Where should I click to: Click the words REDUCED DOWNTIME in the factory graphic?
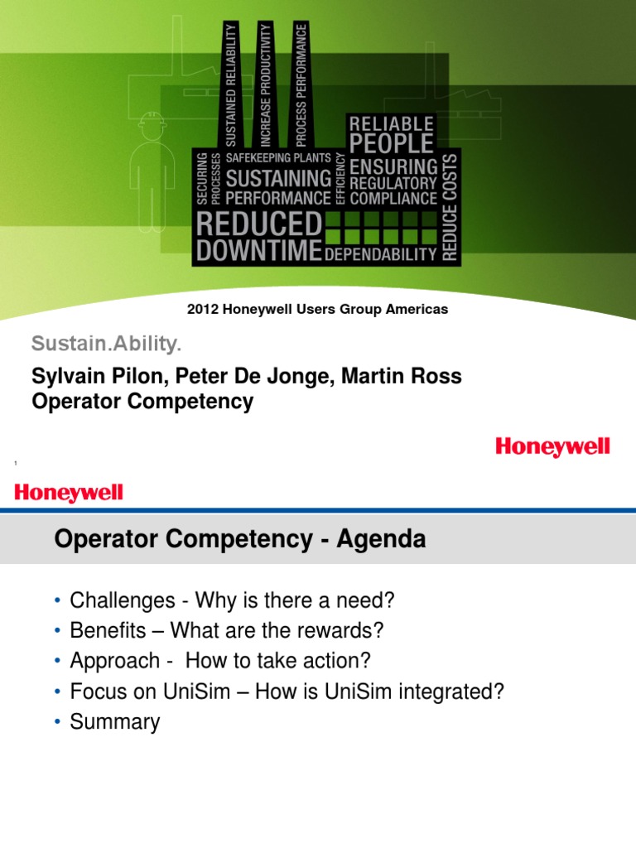coord(258,237)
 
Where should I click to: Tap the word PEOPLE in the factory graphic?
coord(392,143)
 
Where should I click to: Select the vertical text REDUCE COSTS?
coord(449,208)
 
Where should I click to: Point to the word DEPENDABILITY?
coord(380,254)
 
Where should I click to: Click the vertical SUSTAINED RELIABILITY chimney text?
coord(231,83)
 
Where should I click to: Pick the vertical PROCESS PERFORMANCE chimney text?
coord(301,80)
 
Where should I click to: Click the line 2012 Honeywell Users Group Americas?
coord(317,309)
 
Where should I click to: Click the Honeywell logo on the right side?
coord(552,447)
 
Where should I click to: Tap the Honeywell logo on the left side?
coord(69,494)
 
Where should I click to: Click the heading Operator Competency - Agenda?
coord(239,540)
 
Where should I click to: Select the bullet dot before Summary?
coord(58,723)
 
